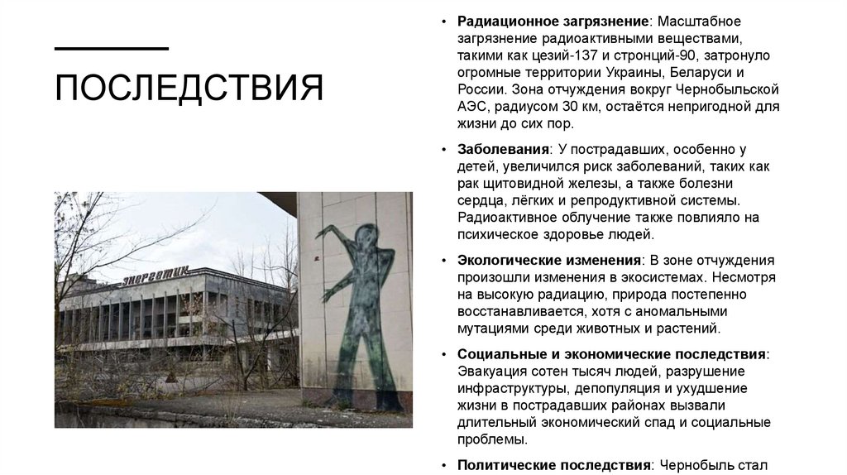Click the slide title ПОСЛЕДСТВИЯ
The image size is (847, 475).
coord(189,87)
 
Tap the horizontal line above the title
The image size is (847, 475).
coord(111,49)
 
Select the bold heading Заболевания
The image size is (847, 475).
coord(504,149)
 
